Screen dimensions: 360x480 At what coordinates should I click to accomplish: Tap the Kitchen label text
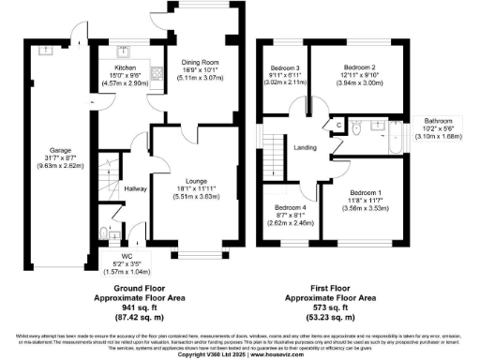point(126,68)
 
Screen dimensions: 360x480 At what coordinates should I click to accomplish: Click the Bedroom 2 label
point(359,68)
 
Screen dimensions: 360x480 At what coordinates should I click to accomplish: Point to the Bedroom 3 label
point(283,68)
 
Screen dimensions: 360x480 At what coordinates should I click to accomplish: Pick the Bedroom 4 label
point(290,208)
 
